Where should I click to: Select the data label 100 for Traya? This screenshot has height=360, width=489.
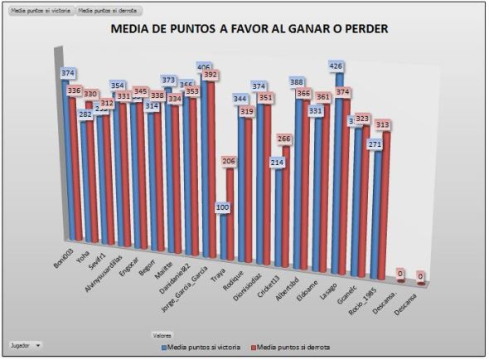tap(222, 207)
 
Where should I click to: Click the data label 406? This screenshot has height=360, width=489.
tap(203, 66)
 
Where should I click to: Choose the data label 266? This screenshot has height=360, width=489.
tap(284, 139)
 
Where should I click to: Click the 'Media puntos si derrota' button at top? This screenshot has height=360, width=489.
tap(107, 11)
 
